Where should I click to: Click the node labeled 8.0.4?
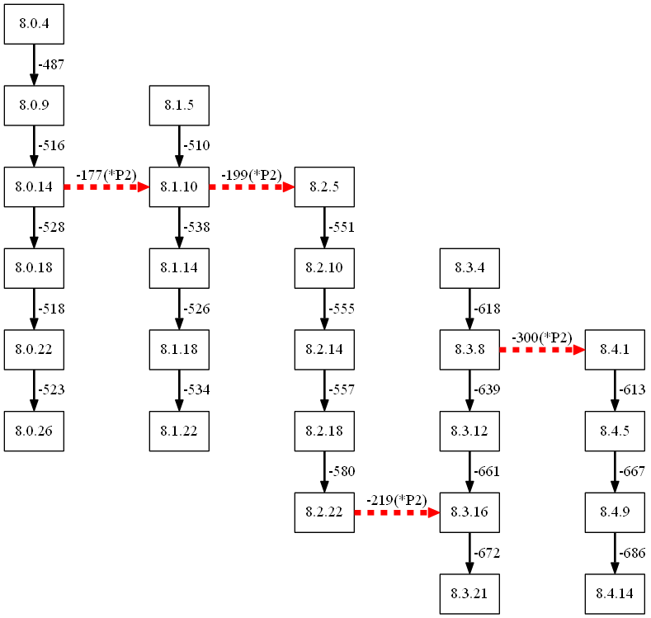click(34, 24)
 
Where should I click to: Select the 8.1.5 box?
click(179, 106)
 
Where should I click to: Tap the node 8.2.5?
click(324, 187)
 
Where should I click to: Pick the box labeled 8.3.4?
click(469, 268)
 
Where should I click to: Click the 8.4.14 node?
click(615, 594)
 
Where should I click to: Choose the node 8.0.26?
click(34, 431)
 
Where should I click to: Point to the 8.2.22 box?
click(324, 512)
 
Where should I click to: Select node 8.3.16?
click(469, 512)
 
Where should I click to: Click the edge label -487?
click(51, 64)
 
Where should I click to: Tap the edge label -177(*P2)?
click(106, 176)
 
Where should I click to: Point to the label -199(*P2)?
click(252, 176)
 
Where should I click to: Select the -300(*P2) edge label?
click(542, 338)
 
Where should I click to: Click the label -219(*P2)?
click(397, 501)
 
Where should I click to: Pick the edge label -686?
click(632, 553)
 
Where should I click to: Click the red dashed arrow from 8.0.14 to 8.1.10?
click(106, 187)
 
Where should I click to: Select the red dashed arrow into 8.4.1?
click(542, 350)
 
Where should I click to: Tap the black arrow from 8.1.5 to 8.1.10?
click(179, 146)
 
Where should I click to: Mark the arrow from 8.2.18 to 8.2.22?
click(324, 471)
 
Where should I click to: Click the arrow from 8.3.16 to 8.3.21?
click(469, 553)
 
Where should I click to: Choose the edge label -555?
click(342, 309)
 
